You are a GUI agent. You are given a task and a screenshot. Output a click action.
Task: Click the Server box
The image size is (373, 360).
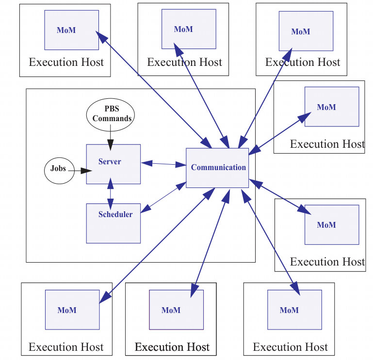(x=113, y=164)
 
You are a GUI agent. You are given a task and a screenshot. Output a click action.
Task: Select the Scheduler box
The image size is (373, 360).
(x=113, y=223)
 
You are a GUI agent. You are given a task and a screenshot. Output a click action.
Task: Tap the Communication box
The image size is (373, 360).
(x=217, y=168)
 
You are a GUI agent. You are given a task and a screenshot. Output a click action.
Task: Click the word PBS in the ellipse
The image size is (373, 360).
(x=112, y=109)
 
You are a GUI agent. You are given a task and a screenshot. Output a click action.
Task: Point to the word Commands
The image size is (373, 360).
(x=112, y=118)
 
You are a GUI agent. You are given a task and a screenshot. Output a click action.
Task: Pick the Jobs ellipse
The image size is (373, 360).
(x=59, y=169)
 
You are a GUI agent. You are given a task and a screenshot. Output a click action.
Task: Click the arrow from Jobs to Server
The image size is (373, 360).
(x=81, y=170)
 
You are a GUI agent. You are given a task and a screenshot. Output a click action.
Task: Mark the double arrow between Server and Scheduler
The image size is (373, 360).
(x=111, y=193)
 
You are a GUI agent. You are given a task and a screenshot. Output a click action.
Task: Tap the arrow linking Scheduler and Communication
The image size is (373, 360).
(x=163, y=197)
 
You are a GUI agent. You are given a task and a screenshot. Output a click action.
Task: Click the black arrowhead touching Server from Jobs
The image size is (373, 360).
(x=86, y=171)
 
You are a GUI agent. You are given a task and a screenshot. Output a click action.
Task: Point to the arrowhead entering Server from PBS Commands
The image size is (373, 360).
(x=111, y=145)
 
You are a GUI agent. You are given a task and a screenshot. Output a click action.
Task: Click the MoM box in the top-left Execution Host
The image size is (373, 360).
(x=71, y=30)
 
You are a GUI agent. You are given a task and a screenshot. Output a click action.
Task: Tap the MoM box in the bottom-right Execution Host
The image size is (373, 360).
(x=294, y=310)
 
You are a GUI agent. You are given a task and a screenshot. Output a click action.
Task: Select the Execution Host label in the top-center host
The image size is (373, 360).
(x=184, y=63)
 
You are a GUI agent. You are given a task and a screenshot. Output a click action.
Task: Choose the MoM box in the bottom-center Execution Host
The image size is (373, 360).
(x=176, y=310)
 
